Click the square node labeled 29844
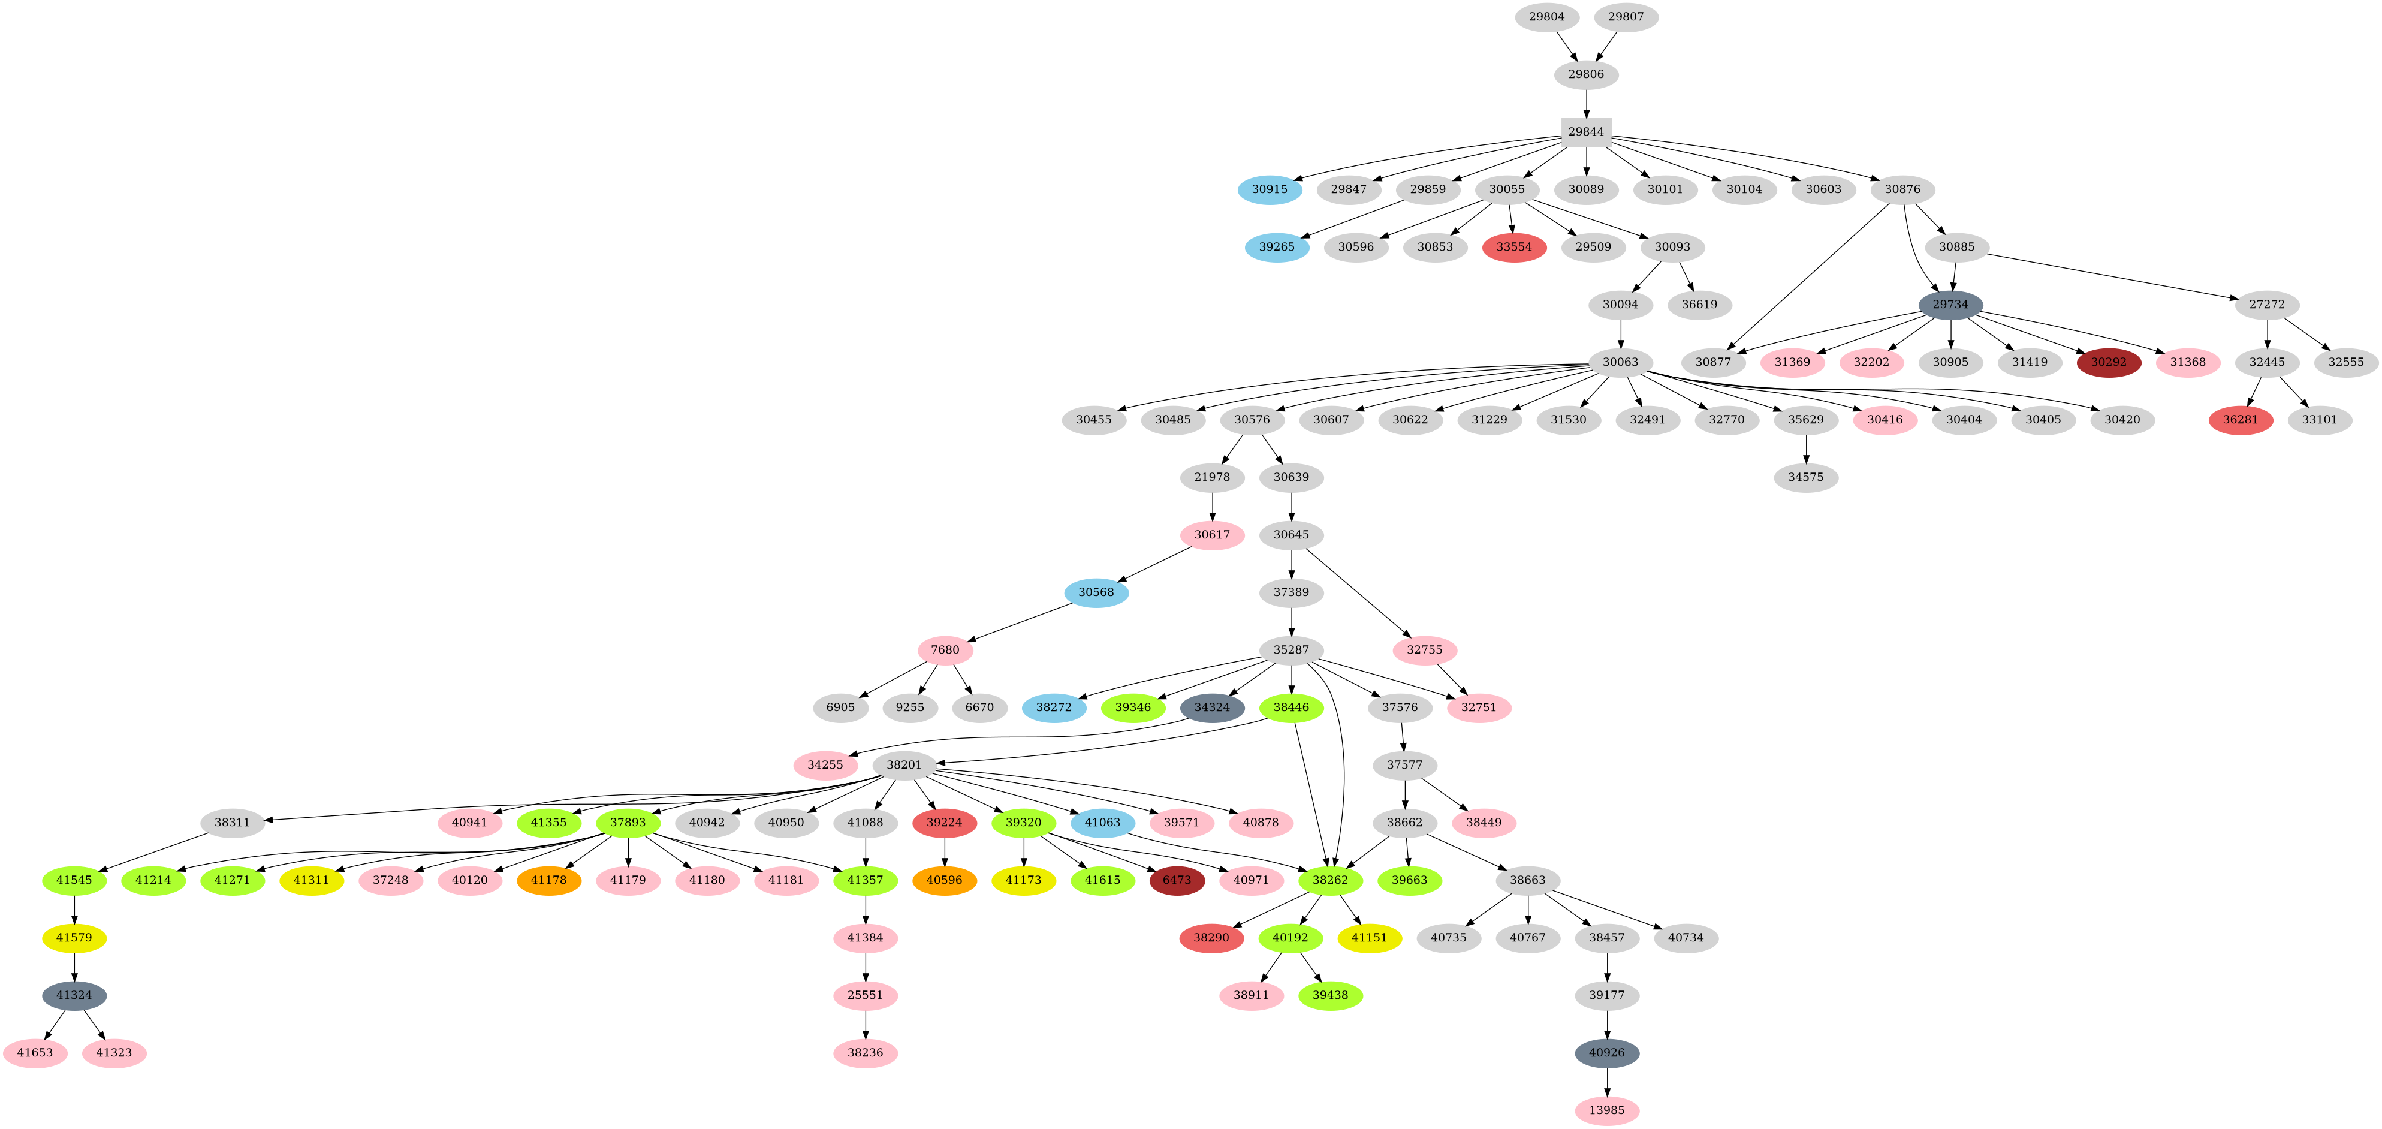tap(1586, 131)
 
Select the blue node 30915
tap(1270, 189)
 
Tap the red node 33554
tap(1513, 247)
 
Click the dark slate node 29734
tap(1950, 304)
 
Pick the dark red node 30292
tap(2108, 362)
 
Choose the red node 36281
tap(2241, 420)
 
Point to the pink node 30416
tap(1885, 420)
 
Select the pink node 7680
tap(945, 650)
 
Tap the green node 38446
tap(1291, 707)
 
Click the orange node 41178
tap(548, 880)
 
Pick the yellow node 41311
tap(312, 880)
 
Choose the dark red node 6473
tap(1176, 880)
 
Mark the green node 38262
tap(1329, 880)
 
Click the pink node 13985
tap(1606, 1110)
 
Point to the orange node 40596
tap(944, 880)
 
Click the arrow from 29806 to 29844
tap(1586, 103)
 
